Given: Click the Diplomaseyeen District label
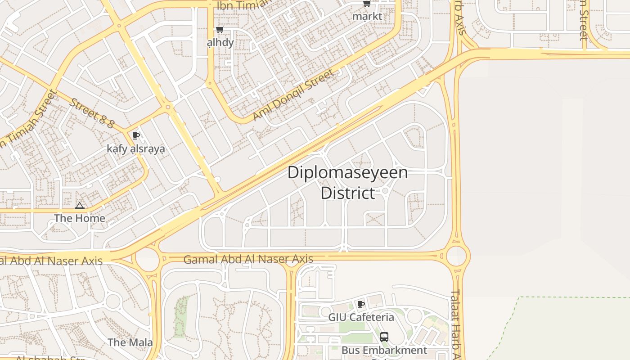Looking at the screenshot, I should (x=347, y=183).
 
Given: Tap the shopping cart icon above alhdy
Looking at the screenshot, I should (x=220, y=30).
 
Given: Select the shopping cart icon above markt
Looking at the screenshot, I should (x=367, y=4).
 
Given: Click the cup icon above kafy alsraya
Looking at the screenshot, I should (x=136, y=135).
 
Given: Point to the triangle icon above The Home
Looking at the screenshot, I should (x=80, y=206).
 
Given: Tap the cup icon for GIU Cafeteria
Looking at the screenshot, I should (x=360, y=304).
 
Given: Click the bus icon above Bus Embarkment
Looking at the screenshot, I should (x=384, y=337).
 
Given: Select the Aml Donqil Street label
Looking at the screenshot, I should (x=293, y=95).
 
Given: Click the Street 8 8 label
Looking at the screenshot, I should (x=92, y=112).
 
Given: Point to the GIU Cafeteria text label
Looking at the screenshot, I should (x=361, y=317).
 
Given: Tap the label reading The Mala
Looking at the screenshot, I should (x=130, y=342).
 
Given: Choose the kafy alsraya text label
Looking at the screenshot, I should (x=136, y=148).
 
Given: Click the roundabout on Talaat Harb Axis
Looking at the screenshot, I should (x=456, y=256).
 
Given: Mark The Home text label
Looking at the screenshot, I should (x=80, y=218).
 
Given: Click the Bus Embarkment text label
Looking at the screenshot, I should (x=384, y=350).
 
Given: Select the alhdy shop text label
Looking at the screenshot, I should (x=220, y=43).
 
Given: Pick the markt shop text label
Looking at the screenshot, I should (x=367, y=17).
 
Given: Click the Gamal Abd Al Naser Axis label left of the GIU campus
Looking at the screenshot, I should (x=248, y=259).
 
